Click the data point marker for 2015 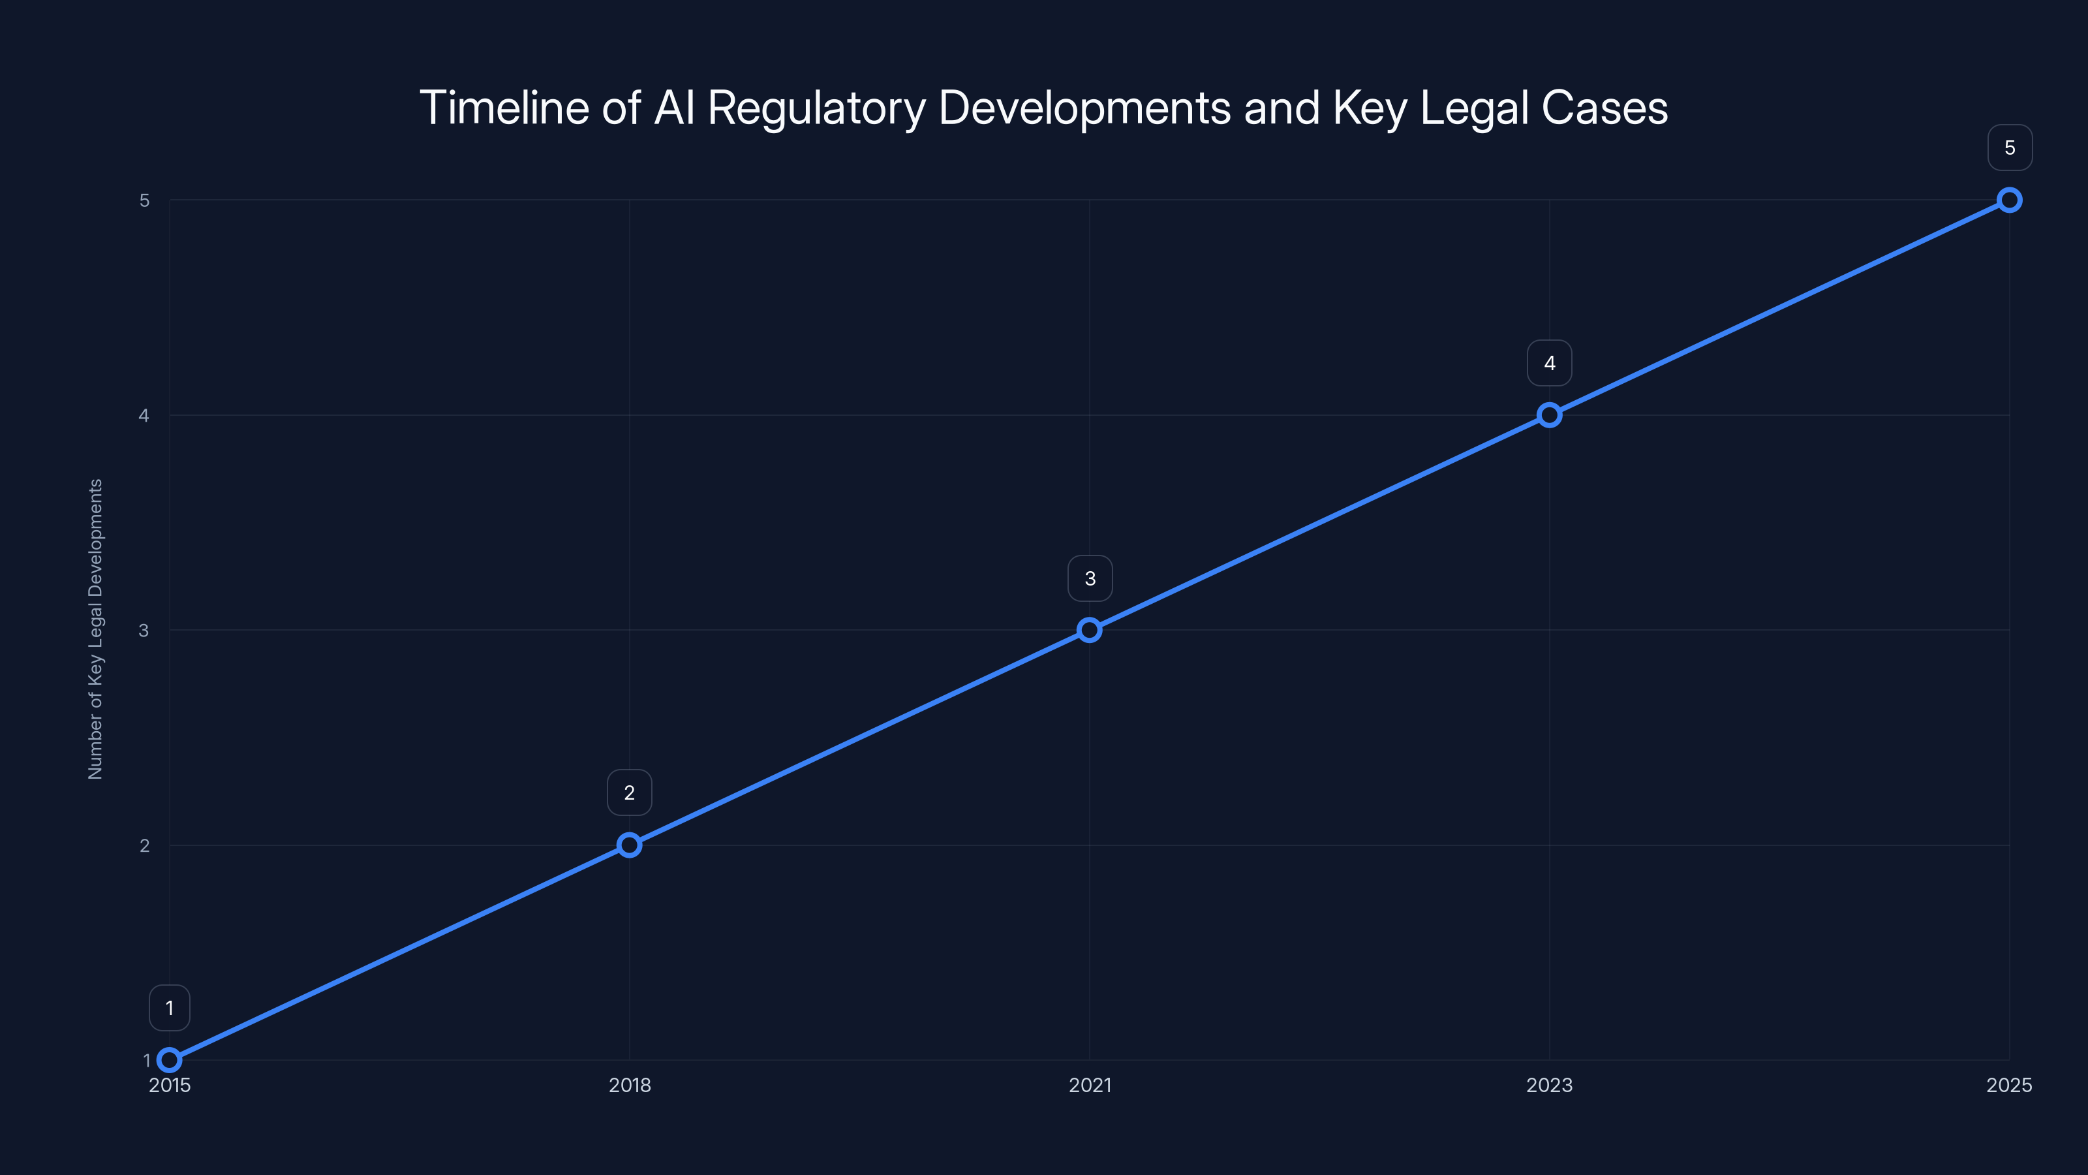coord(170,1060)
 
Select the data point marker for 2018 coord(629,845)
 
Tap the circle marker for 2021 coord(1090,630)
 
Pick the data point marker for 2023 coord(1549,415)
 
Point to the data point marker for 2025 coord(2010,200)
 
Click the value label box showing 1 coord(170,1008)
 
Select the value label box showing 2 coord(629,792)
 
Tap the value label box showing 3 coord(1090,578)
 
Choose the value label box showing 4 coord(1549,364)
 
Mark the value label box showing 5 coord(2010,148)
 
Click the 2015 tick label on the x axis coord(170,1085)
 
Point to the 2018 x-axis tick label coord(629,1085)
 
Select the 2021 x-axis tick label coord(1090,1085)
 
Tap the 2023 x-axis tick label coord(1549,1085)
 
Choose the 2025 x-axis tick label coord(2010,1085)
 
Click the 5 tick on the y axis coord(144,200)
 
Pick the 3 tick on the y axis coord(144,630)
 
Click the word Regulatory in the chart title coord(816,108)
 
